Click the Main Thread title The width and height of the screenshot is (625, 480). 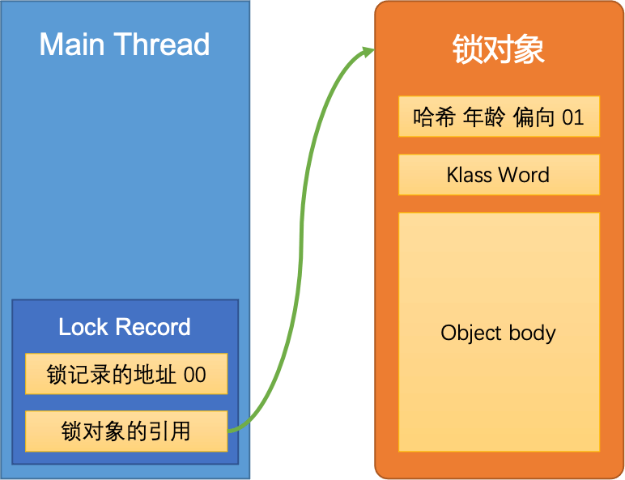pos(125,45)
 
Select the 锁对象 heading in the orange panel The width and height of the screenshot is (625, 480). pos(498,49)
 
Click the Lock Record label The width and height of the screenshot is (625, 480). pos(125,327)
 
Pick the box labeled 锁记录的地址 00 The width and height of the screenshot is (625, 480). pos(125,375)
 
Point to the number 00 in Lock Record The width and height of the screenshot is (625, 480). pos(194,376)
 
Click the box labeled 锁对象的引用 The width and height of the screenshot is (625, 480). pos(125,431)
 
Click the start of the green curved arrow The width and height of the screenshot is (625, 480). pos(231,431)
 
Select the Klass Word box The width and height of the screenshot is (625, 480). pos(498,175)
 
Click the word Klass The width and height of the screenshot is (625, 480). pos(470,175)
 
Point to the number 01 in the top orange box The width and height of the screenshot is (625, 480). pos(572,117)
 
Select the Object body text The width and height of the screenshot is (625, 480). pos(498,333)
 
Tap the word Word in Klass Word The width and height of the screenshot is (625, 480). pos(525,175)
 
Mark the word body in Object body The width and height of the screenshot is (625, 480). pos(530,333)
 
